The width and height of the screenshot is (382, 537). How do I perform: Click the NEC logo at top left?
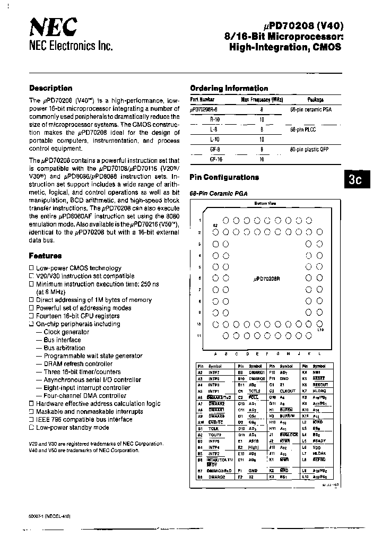click(53, 26)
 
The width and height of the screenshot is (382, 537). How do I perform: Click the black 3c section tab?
click(354, 180)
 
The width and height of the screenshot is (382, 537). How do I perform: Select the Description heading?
click(50, 89)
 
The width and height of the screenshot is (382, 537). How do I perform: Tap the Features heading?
click(45, 256)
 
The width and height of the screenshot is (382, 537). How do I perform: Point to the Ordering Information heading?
click(229, 89)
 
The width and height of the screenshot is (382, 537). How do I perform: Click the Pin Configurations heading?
click(224, 178)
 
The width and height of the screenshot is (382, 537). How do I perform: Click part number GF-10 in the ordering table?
click(216, 159)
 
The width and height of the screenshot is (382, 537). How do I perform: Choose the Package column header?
click(315, 99)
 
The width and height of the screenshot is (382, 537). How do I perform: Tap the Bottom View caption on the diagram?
click(264, 204)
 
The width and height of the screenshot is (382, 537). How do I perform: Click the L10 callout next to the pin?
click(320, 330)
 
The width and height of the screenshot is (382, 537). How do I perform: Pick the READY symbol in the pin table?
click(319, 440)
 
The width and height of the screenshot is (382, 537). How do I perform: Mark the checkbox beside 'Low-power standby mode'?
click(31, 428)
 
